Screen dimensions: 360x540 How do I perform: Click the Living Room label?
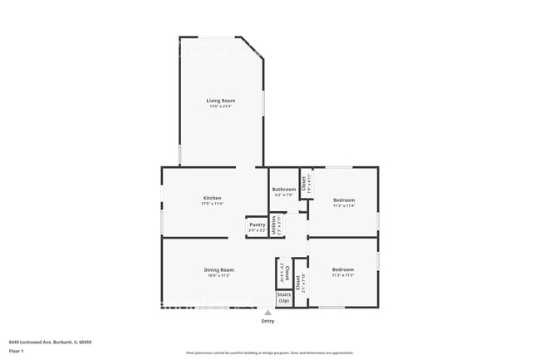coord(221,101)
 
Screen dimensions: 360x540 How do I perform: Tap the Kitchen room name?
coord(212,198)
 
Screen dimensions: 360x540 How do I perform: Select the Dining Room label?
coord(219,269)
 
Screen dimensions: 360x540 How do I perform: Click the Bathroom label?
coord(283,190)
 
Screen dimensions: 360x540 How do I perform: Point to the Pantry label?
coord(257,224)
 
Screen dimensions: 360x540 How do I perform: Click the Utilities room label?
coord(275,225)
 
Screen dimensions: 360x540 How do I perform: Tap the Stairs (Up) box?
coord(284,297)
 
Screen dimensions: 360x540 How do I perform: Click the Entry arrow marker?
coord(268,313)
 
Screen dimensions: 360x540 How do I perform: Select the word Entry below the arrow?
coord(268,321)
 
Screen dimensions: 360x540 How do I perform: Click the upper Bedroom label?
coord(344,200)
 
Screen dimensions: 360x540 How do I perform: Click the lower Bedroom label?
coord(343,269)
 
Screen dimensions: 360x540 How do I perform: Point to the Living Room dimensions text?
coord(221,106)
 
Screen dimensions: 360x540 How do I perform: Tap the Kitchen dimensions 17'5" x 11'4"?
coord(212,204)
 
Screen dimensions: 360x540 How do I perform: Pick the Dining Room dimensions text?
coord(219,275)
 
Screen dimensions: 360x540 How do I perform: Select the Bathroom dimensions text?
coord(283,195)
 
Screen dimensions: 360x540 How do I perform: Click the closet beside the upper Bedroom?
coord(305,183)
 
